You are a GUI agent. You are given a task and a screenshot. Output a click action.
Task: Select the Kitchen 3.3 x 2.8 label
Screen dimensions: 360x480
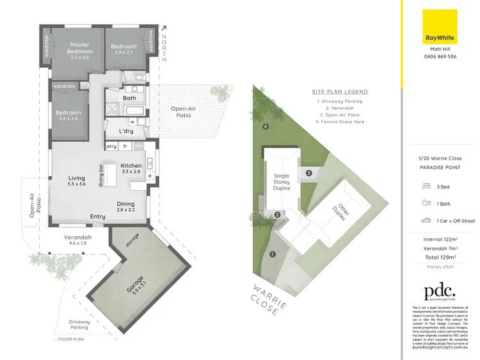pyautogui.click(x=131, y=168)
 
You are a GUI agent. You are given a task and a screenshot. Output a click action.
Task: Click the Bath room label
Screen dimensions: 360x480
pyautogui.click(x=129, y=98)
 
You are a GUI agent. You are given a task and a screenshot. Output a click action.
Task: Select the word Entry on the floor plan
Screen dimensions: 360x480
pyautogui.click(x=97, y=217)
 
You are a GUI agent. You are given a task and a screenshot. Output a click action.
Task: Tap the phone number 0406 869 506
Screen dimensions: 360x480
pyautogui.click(x=440, y=56)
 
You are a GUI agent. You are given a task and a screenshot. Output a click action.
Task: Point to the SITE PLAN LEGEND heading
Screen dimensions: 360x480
pyautogui.click(x=337, y=92)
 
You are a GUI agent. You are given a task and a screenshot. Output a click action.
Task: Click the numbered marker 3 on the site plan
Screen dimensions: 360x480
pyautogui.click(x=308, y=173)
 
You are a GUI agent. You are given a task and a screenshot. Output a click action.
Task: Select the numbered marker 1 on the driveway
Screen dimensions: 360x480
pyautogui.click(x=273, y=255)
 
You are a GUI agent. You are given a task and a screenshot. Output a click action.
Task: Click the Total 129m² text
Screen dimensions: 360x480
pyautogui.click(x=440, y=257)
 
